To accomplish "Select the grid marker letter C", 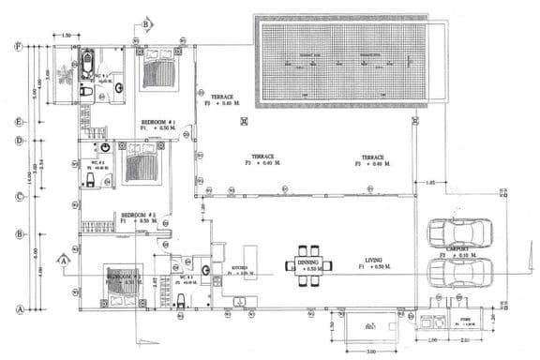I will point(18,196).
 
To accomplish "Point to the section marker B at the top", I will point(146,23).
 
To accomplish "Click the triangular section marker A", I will point(63,260).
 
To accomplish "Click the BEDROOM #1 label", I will point(157,123).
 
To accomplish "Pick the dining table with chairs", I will point(309,264).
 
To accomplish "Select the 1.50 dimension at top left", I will point(67,36).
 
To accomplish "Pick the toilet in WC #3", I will point(180,300).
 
